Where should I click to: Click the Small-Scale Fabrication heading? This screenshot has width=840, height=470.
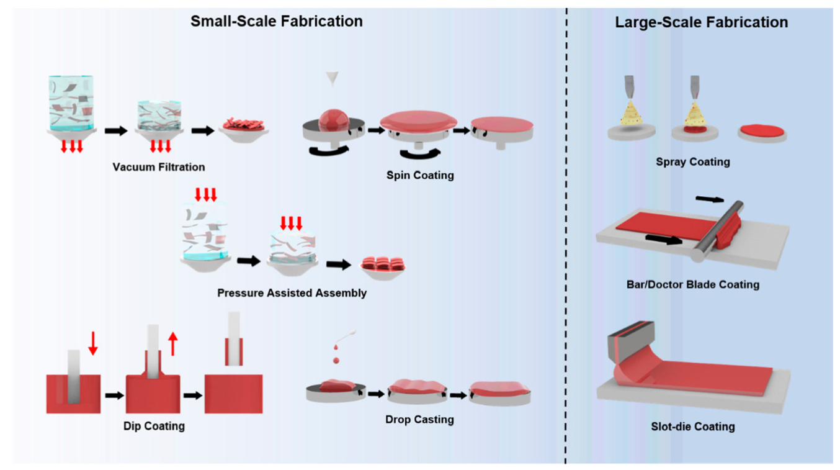coord(276,21)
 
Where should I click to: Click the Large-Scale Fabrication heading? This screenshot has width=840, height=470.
coord(701,23)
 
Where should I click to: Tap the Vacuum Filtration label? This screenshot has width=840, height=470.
coord(159,167)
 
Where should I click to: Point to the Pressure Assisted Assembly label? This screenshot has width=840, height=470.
coord(292,292)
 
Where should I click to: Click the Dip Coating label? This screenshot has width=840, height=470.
coord(154,426)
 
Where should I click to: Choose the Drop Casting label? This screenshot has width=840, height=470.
coord(419,420)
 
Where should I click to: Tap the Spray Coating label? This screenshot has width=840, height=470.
coord(692,162)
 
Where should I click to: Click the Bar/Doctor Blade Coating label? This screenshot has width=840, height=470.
coord(692,285)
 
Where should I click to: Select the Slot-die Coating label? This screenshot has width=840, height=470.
coord(692,427)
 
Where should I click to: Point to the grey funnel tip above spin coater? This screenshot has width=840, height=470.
coord(332,79)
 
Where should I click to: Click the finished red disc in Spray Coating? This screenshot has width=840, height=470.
coord(762,132)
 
